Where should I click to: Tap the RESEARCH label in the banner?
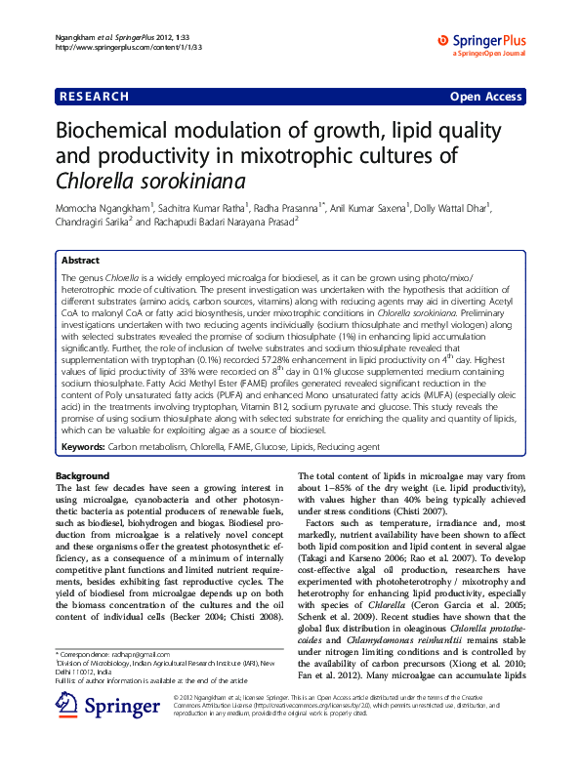95,97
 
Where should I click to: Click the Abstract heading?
80,262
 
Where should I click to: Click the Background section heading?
83,475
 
